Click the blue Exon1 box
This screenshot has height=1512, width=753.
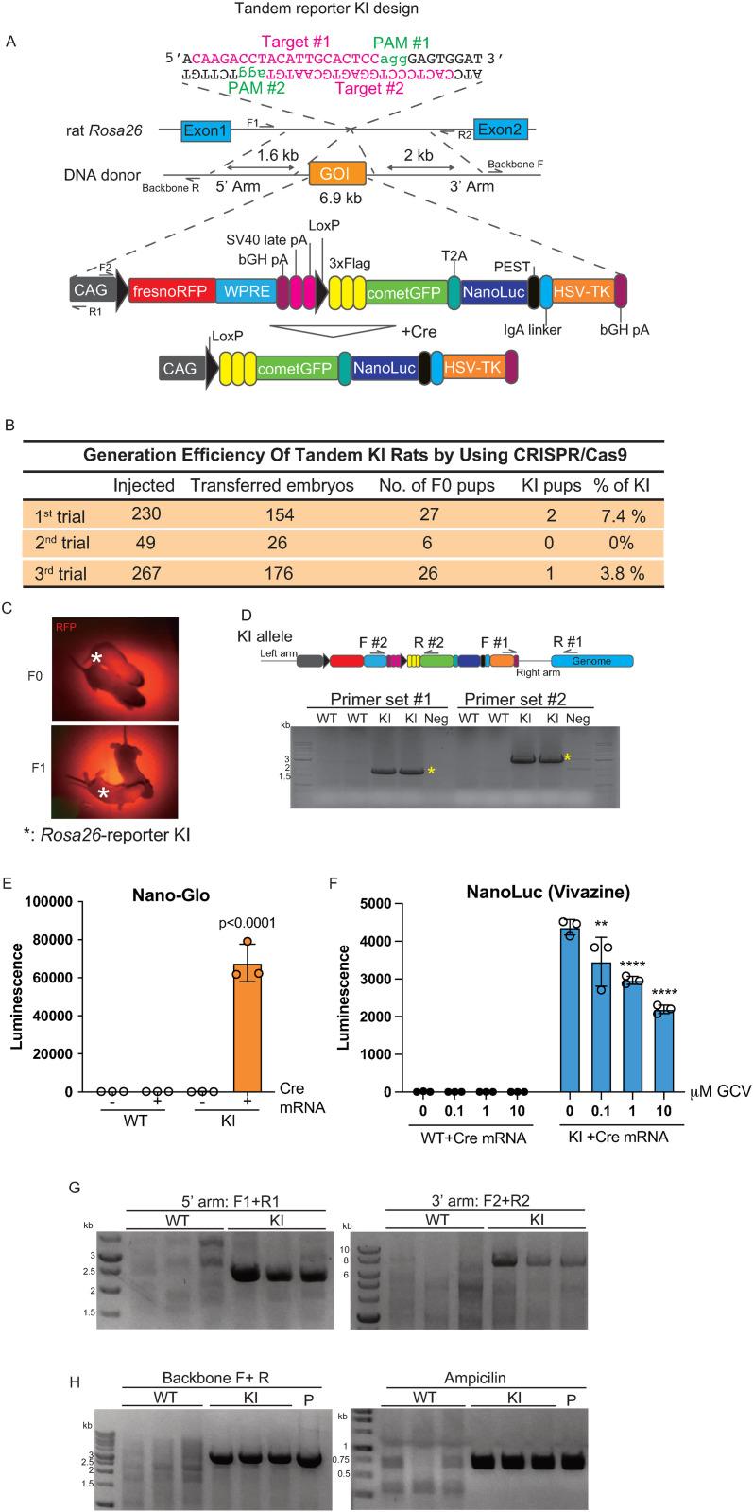207,129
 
